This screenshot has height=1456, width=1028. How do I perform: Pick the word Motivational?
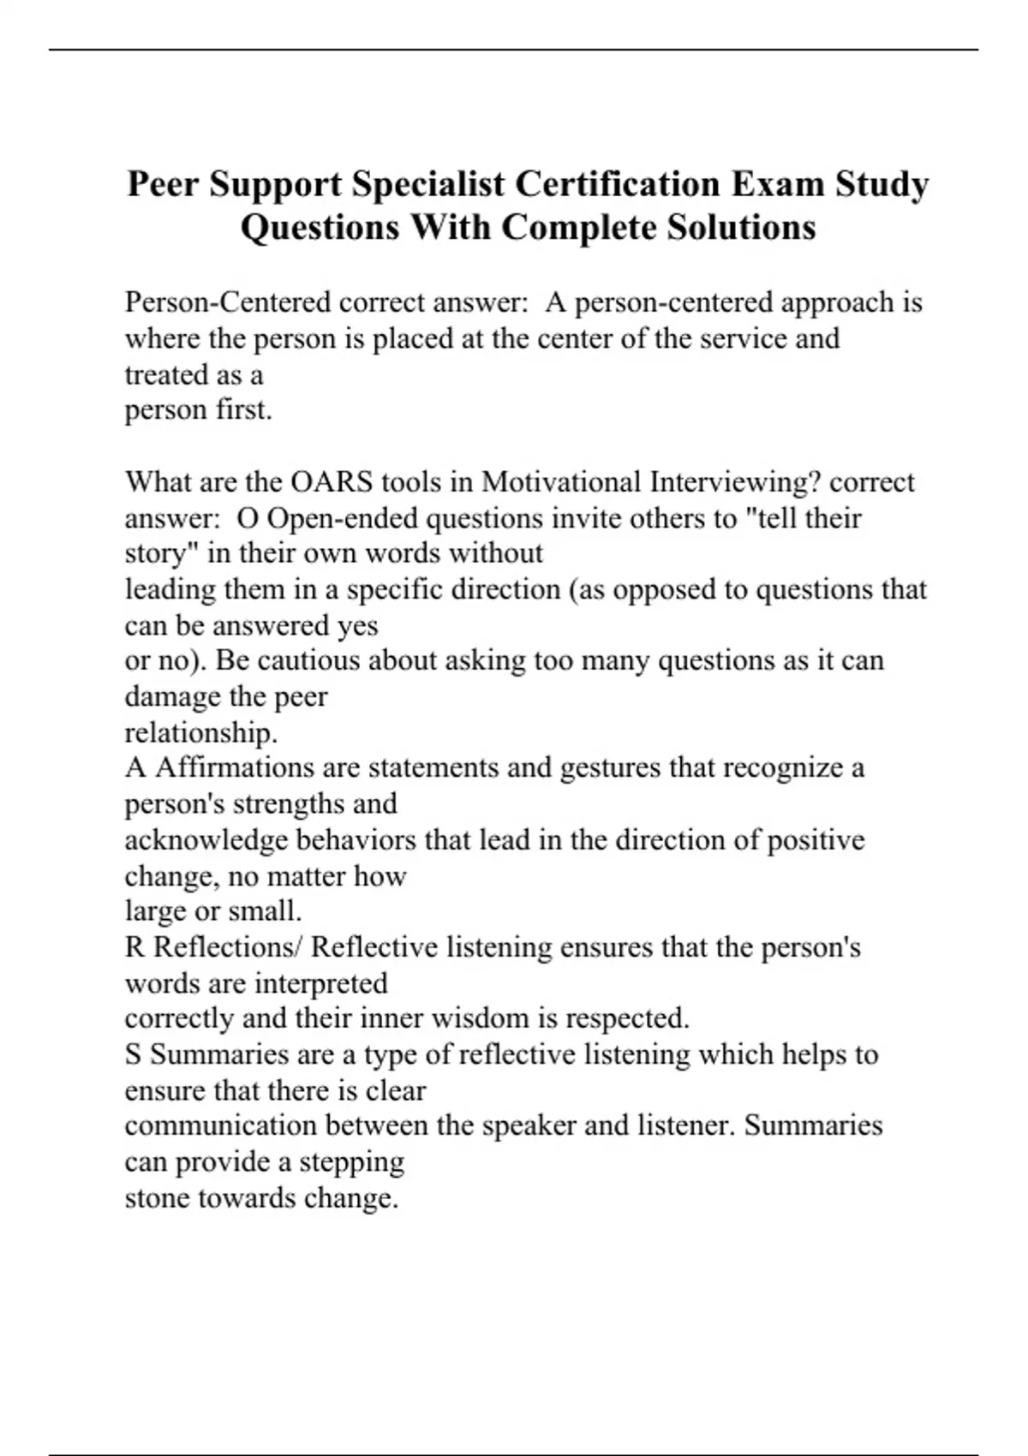click(x=560, y=482)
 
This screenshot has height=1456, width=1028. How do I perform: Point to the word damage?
click(x=169, y=697)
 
